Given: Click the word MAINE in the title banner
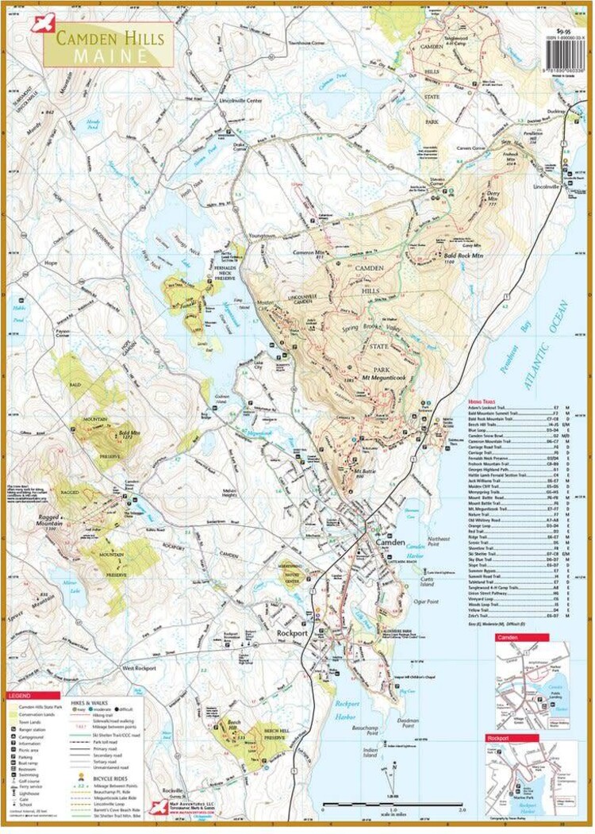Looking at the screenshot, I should [x=111, y=56].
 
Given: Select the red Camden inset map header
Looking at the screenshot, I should [x=511, y=637].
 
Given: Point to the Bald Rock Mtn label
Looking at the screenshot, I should [x=438, y=256].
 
